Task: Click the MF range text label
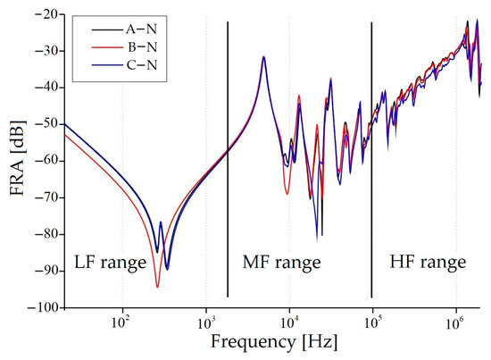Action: [x=282, y=263]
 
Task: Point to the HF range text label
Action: [x=428, y=263]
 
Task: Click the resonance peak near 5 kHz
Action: [x=263, y=57]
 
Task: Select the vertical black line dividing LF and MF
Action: [x=228, y=161]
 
